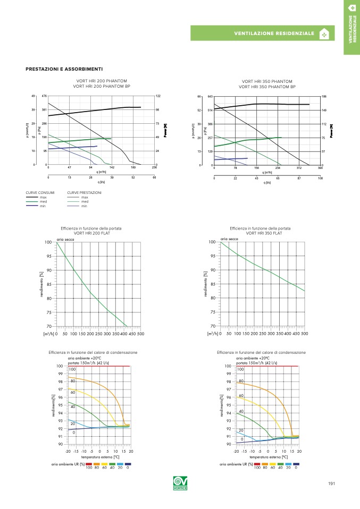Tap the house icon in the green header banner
324,34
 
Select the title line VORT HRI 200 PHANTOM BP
102,86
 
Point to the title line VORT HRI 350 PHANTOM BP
267,87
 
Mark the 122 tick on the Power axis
158,96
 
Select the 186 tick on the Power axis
324,97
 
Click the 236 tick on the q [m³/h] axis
154,168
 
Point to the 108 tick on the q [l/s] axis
320,179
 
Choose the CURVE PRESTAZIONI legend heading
85,192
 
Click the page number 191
331,483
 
